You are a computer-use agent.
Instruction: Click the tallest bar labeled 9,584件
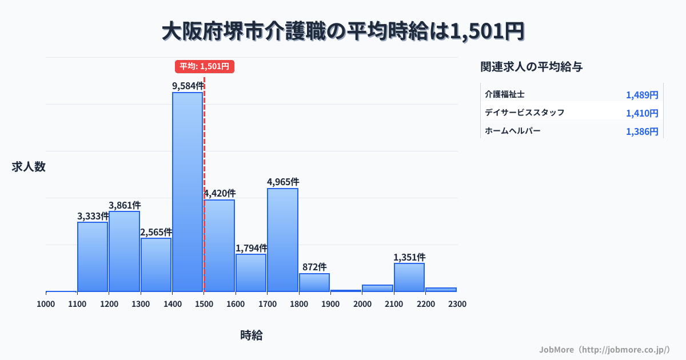tap(188, 191)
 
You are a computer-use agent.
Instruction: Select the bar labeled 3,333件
tap(93, 257)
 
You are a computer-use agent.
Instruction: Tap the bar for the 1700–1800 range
tap(282, 240)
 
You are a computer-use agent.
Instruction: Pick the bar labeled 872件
tap(314, 282)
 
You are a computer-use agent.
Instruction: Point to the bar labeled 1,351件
tap(409, 277)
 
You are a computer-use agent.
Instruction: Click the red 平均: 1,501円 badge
tap(205, 66)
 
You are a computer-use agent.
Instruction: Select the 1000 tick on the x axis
tap(46, 304)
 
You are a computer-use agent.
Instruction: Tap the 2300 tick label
tap(457, 304)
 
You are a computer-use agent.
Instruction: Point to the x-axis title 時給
tap(252, 335)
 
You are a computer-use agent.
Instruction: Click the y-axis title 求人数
tap(29, 167)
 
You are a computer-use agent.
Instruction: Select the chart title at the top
tap(343, 31)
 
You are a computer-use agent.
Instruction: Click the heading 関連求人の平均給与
tap(532, 67)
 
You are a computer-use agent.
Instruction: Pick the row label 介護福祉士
tap(505, 94)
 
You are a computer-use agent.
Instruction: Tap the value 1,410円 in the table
tap(642, 113)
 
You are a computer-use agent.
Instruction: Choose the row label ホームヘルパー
tap(512, 131)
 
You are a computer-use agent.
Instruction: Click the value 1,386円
tap(642, 131)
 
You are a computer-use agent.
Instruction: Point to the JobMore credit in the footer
tap(604, 349)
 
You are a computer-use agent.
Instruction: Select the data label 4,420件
tap(220, 194)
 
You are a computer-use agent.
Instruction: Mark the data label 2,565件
tap(156, 232)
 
